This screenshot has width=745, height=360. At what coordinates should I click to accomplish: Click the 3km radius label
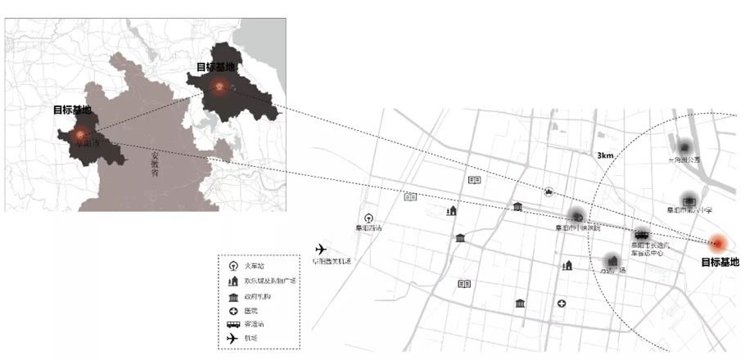coord(605,155)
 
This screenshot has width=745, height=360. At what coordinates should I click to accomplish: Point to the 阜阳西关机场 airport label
coord(332,262)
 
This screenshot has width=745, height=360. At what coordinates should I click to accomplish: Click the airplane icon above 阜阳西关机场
coord(320,249)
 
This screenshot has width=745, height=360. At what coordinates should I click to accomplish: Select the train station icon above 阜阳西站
coord(369,218)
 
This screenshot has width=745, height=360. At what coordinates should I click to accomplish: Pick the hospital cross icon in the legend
coord(233,310)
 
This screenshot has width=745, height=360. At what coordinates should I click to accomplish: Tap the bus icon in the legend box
coord(233,324)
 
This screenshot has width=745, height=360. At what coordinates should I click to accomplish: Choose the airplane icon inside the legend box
coord(233,338)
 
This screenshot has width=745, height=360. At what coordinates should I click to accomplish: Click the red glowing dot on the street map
coord(718,243)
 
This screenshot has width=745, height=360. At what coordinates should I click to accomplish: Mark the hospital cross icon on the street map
coord(562,304)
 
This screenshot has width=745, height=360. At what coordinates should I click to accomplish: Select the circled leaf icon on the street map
coord(549,192)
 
